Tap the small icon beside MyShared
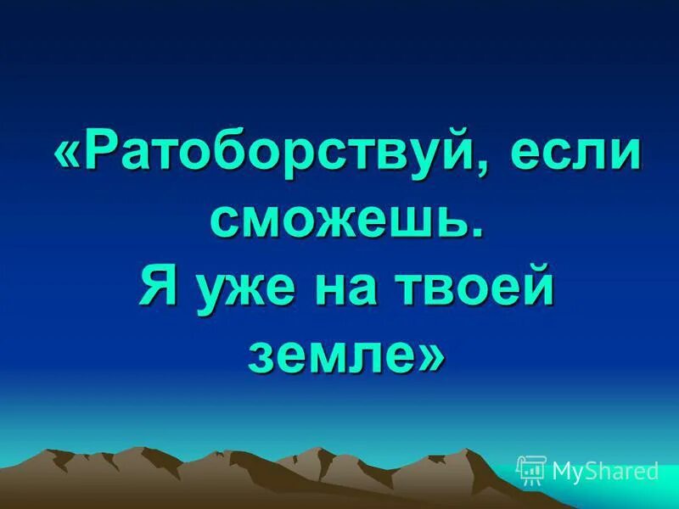click(x=532, y=470)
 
